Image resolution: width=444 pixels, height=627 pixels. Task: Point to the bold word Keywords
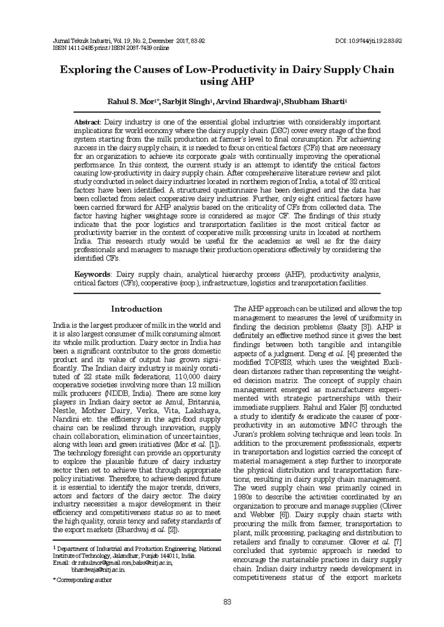coord(92,274)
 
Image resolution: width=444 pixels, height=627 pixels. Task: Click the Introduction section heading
coord(137,309)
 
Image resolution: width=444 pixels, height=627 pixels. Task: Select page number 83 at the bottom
coord(227,602)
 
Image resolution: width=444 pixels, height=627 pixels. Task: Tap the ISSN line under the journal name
coord(111,48)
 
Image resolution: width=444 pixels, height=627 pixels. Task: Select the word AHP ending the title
coord(242,82)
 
